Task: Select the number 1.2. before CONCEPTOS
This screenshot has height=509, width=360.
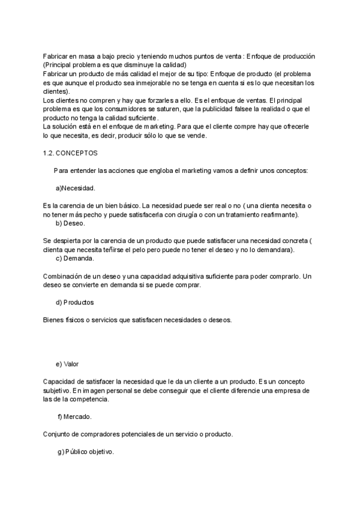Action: pos(49,153)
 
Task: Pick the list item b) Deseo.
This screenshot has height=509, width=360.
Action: pos(70,223)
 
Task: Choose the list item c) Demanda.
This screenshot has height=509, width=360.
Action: pos(74,258)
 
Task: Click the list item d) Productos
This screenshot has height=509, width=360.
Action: pos(74,302)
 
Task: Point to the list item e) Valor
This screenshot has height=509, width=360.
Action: pos(67,364)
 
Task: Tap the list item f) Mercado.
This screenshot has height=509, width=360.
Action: pos(74,416)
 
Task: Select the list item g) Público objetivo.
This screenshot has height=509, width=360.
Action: pos(85,451)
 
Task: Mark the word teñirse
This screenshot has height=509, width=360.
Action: pos(103,250)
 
